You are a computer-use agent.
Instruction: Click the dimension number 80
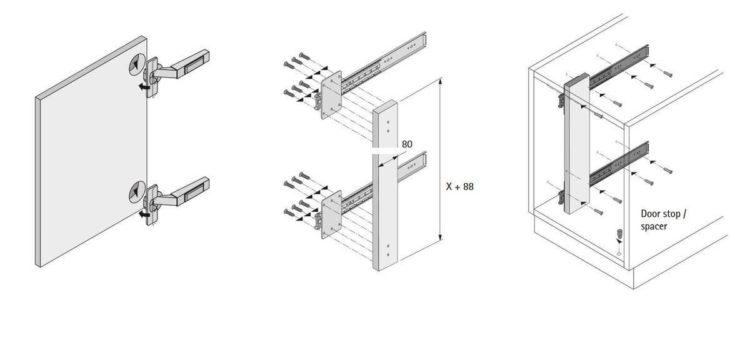(x=407, y=144)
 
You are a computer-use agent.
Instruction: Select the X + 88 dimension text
(x=460, y=186)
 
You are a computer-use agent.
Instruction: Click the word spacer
(x=654, y=227)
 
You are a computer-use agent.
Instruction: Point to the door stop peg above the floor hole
(x=619, y=232)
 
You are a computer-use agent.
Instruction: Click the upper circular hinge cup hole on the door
(x=137, y=64)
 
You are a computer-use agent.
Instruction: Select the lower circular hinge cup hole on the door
(x=137, y=192)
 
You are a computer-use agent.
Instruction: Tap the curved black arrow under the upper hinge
(x=144, y=87)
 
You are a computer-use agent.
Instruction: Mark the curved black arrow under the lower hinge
(x=144, y=214)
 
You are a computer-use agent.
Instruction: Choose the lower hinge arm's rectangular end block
(x=191, y=191)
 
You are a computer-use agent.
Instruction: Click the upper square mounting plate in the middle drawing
(x=331, y=94)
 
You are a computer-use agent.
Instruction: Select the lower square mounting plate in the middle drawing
(x=331, y=214)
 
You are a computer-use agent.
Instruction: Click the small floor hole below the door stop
(x=619, y=254)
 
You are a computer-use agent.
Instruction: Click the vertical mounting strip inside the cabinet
(x=577, y=143)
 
